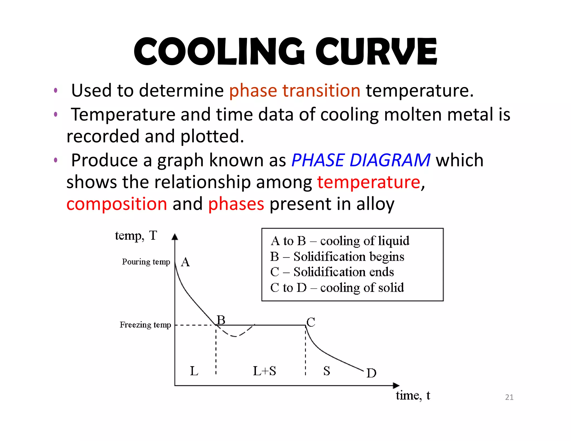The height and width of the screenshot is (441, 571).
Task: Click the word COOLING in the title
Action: (x=219, y=52)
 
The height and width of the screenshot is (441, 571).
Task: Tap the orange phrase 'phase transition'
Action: (x=295, y=91)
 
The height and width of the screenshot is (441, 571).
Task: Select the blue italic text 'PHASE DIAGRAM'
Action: (x=361, y=160)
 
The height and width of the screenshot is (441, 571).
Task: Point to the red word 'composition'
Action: (x=117, y=204)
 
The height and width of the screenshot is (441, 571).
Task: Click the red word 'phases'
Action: (x=236, y=204)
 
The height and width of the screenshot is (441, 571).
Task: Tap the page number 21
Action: (x=509, y=397)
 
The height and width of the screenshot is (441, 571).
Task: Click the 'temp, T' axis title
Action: (x=136, y=236)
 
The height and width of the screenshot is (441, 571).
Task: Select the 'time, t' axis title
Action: (x=413, y=396)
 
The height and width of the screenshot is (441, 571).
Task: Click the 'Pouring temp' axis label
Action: (x=146, y=262)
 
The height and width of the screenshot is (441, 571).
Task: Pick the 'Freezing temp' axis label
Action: (x=145, y=325)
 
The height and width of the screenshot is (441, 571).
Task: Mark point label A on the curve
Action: (x=185, y=262)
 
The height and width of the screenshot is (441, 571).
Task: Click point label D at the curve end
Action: (x=371, y=373)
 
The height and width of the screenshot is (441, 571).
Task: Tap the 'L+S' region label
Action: (x=264, y=371)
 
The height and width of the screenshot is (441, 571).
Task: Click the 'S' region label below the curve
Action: (x=326, y=371)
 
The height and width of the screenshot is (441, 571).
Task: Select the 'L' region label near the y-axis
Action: (x=194, y=371)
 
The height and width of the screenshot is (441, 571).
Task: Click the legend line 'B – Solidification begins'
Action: (x=337, y=256)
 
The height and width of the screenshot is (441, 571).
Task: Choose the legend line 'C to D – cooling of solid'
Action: (x=337, y=288)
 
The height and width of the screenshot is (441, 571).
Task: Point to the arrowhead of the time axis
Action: (x=396, y=386)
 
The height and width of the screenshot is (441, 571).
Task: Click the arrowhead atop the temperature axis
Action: (x=175, y=237)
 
